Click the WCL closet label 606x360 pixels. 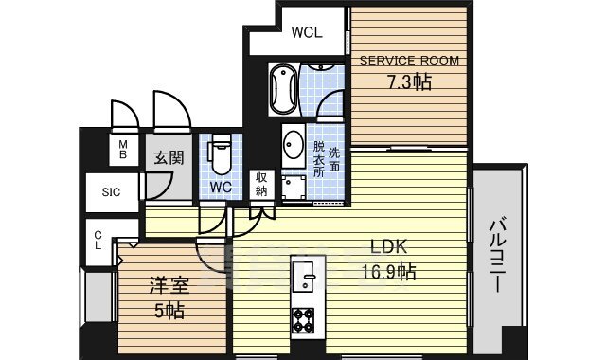point(307,32)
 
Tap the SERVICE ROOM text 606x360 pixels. point(409,61)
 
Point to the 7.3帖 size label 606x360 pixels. point(409,82)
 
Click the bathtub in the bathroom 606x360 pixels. point(283,89)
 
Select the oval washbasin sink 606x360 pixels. point(294,145)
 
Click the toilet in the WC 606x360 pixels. point(221,153)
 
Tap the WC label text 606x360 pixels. point(221,188)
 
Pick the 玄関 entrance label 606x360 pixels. point(169,158)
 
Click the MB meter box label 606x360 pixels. point(123,150)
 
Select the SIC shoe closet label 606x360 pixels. point(111,192)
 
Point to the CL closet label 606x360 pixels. point(98,240)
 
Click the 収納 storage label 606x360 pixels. point(261,184)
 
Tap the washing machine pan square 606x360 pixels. point(294,188)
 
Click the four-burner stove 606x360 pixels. point(303,320)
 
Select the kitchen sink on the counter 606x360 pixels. point(303,277)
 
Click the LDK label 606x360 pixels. point(388,246)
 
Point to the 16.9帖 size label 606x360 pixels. point(388,272)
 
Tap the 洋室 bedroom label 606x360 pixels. point(169,286)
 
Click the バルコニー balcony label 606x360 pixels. point(498,256)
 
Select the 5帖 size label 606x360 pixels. point(169,311)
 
